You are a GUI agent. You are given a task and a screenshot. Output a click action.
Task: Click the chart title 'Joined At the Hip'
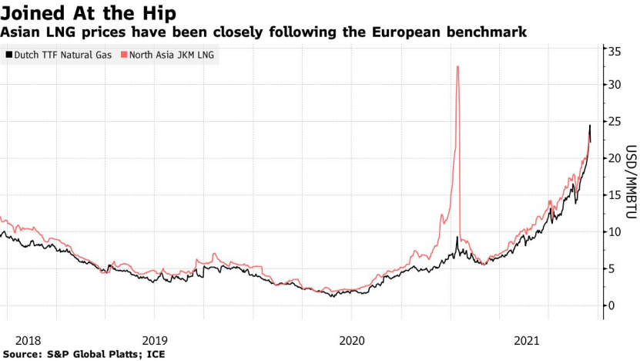point(88,13)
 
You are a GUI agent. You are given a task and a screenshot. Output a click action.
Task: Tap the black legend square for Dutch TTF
point(8,55)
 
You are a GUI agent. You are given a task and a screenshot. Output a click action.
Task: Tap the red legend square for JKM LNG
point(122,55)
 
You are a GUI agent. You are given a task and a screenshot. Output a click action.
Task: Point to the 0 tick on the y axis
point(612,305)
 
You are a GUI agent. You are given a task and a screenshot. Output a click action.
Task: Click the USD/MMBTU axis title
point(629,177)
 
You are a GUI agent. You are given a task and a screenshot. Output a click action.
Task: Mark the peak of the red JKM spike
point(458,66)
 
